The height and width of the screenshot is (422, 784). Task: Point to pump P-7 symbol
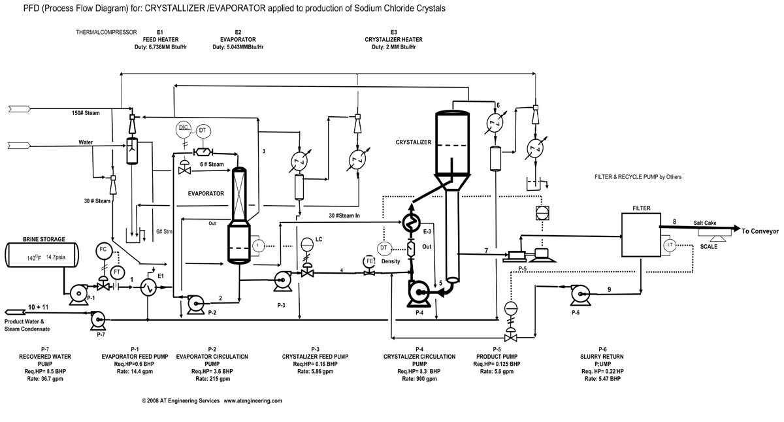(x=99, y=319)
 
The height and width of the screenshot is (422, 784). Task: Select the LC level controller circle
(x=306, y=244)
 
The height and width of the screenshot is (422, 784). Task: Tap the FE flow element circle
(x=370, y=262)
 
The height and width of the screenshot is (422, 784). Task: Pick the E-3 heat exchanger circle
(x=411, y=223)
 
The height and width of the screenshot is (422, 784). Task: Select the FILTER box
(x=641, y=234)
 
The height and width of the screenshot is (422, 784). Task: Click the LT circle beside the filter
(x=668, y=245)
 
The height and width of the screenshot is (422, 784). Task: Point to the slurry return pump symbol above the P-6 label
(x=579, y=295)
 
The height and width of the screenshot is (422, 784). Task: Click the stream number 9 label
(x=608, y=289)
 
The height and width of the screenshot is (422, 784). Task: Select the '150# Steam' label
(x=86, y=113)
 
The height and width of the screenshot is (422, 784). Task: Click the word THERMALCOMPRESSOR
(x=106, y=32)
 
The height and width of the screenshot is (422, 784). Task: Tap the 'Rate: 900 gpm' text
(x=419, y=379)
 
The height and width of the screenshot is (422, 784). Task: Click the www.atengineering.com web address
(x=253, y=400)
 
